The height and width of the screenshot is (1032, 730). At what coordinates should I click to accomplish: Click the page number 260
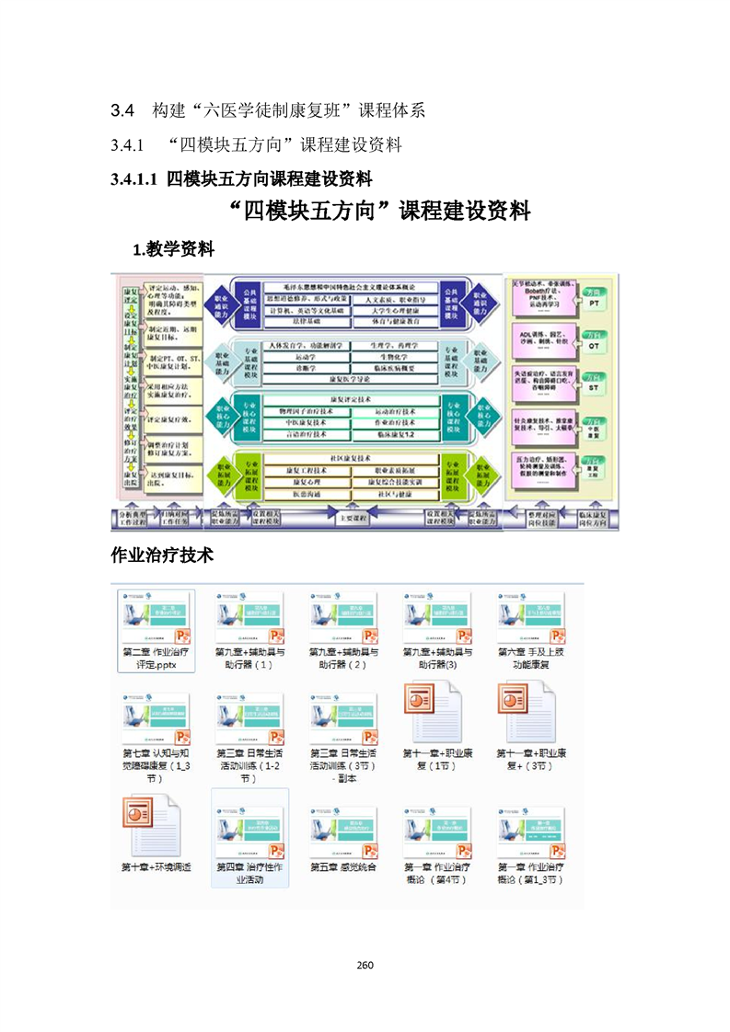tap(365, 965)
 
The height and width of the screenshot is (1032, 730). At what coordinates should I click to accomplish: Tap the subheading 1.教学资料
tap(174, 248)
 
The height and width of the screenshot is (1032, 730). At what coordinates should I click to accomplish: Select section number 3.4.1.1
tap(134, 178)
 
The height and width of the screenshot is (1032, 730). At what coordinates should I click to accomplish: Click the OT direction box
tap(594, 343)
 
